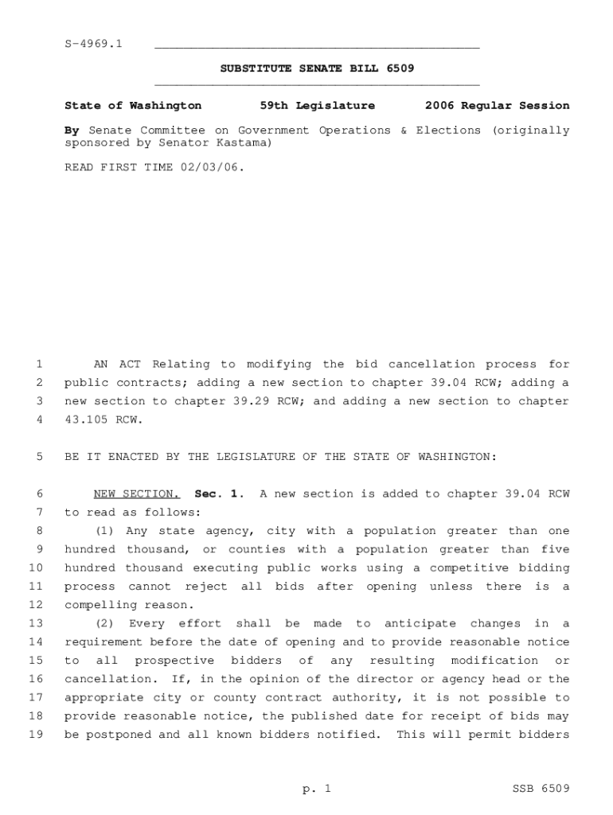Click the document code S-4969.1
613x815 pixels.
[93, 43]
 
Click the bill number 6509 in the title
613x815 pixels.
[400, 68]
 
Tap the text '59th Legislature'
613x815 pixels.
[317, 106]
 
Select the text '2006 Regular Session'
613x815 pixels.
[497, 106]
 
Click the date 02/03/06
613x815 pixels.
[213, 168]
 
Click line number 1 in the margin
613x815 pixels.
[38, 365]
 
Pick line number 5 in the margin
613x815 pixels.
[38, 457]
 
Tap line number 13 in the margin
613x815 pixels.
[35, 624]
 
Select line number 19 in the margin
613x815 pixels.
[35, 735]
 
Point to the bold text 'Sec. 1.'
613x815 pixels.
[215, 494]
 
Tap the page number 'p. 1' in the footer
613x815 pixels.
[317, 790]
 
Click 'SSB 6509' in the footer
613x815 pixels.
[541, 790]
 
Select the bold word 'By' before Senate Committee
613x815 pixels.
[72, 131]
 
